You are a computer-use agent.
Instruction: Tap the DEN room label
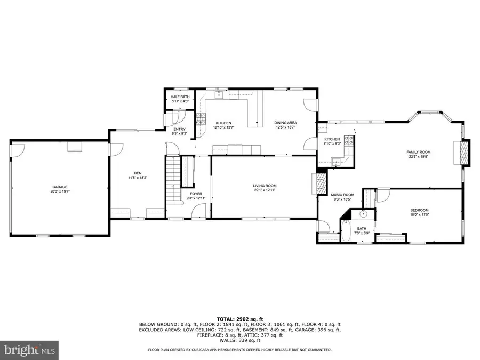coord(138,173)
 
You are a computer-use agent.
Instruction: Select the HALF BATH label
coord(176,97)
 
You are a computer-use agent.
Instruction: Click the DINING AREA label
coord(286,123)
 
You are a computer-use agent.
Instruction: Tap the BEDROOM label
coord(419,210)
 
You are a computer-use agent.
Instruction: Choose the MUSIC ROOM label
coord(342,195)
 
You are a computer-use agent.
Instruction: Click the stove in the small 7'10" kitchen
coord(348,141)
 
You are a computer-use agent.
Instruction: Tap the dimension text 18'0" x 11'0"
coord(419,214)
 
